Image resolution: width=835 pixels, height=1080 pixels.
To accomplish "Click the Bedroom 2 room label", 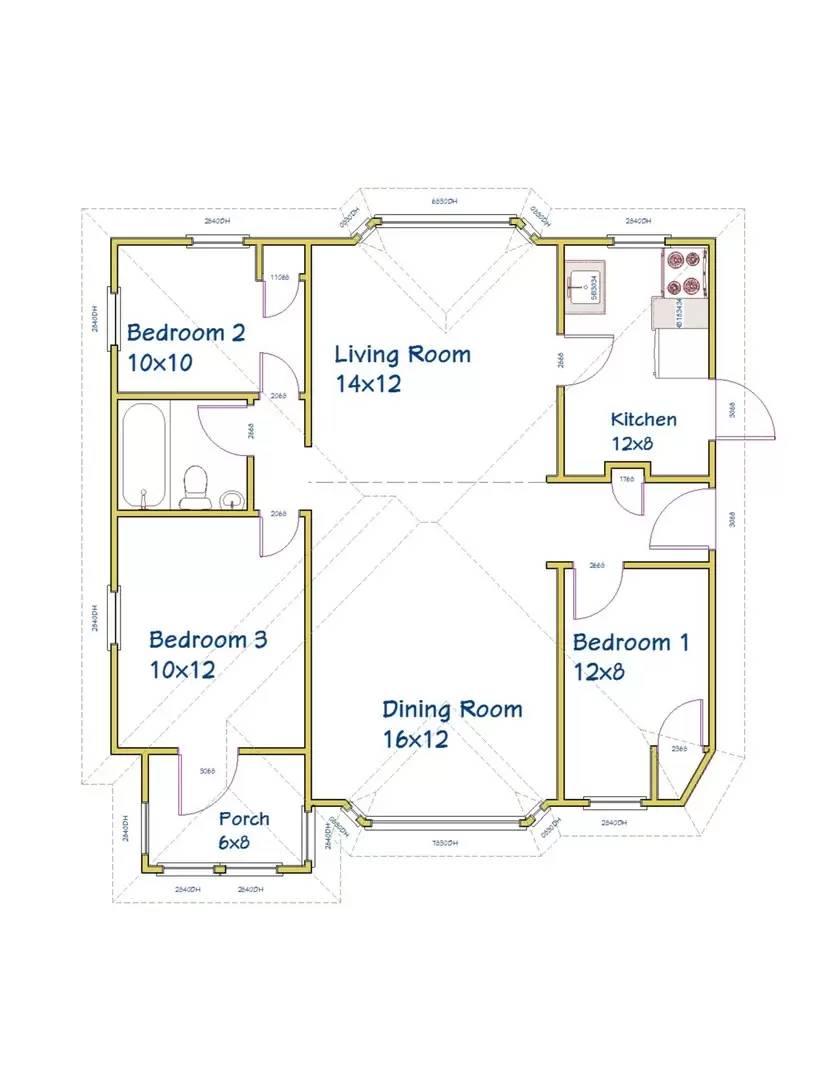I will pos(185,333).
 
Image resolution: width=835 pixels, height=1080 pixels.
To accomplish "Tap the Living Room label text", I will pos(402,354).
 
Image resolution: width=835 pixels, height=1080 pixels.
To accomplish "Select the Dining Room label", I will pos(452,710).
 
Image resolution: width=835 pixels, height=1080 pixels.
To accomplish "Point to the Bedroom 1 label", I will pos(630,642).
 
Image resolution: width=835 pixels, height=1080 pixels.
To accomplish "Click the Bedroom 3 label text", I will pos(208,640).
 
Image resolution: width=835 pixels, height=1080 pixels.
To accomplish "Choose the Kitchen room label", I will pos(643,419).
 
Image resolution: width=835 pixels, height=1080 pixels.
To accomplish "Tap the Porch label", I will pos(244,820).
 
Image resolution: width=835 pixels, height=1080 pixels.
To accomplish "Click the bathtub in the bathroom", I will pos(144,456).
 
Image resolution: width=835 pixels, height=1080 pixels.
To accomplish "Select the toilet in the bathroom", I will pos(194,486).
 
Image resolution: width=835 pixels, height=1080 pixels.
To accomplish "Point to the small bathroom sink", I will pos(231,499).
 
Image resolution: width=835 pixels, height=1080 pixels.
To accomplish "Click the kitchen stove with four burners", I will pos(685,272).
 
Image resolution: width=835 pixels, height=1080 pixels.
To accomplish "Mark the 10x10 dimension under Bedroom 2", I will pos(160,362).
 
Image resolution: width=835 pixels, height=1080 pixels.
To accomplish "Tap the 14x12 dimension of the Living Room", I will pos(368,383).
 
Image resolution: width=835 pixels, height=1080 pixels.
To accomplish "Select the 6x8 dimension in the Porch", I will pos(234,843).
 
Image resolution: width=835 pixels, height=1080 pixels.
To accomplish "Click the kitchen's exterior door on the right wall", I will pos(745,410).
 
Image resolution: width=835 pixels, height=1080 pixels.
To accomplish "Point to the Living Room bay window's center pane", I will pos(446,218).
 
